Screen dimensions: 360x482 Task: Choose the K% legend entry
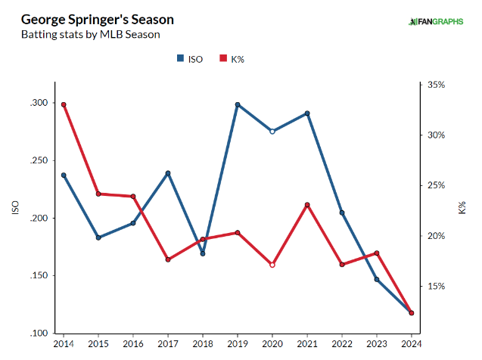[x=230, y=58]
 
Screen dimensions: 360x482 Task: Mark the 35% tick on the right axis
[x=436, y=85]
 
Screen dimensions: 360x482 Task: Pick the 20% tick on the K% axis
[x=436, y=236]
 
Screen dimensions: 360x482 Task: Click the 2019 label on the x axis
[x=238, y=344]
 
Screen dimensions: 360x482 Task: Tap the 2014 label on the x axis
[x=64, y=344]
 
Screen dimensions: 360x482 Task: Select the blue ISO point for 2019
[x=238, y=104]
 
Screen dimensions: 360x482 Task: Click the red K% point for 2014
[x=64, y=104]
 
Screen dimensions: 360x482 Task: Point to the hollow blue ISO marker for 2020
[x=272, y=131]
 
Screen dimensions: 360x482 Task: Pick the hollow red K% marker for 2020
[x=272, y=265]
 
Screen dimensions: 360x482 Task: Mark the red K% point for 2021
[x=307, y=205]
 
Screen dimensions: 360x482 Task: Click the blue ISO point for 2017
[x=168, y=173]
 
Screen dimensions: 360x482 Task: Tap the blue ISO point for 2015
[x=98, y=237]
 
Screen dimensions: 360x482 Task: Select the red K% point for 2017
[x=168, y=259]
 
